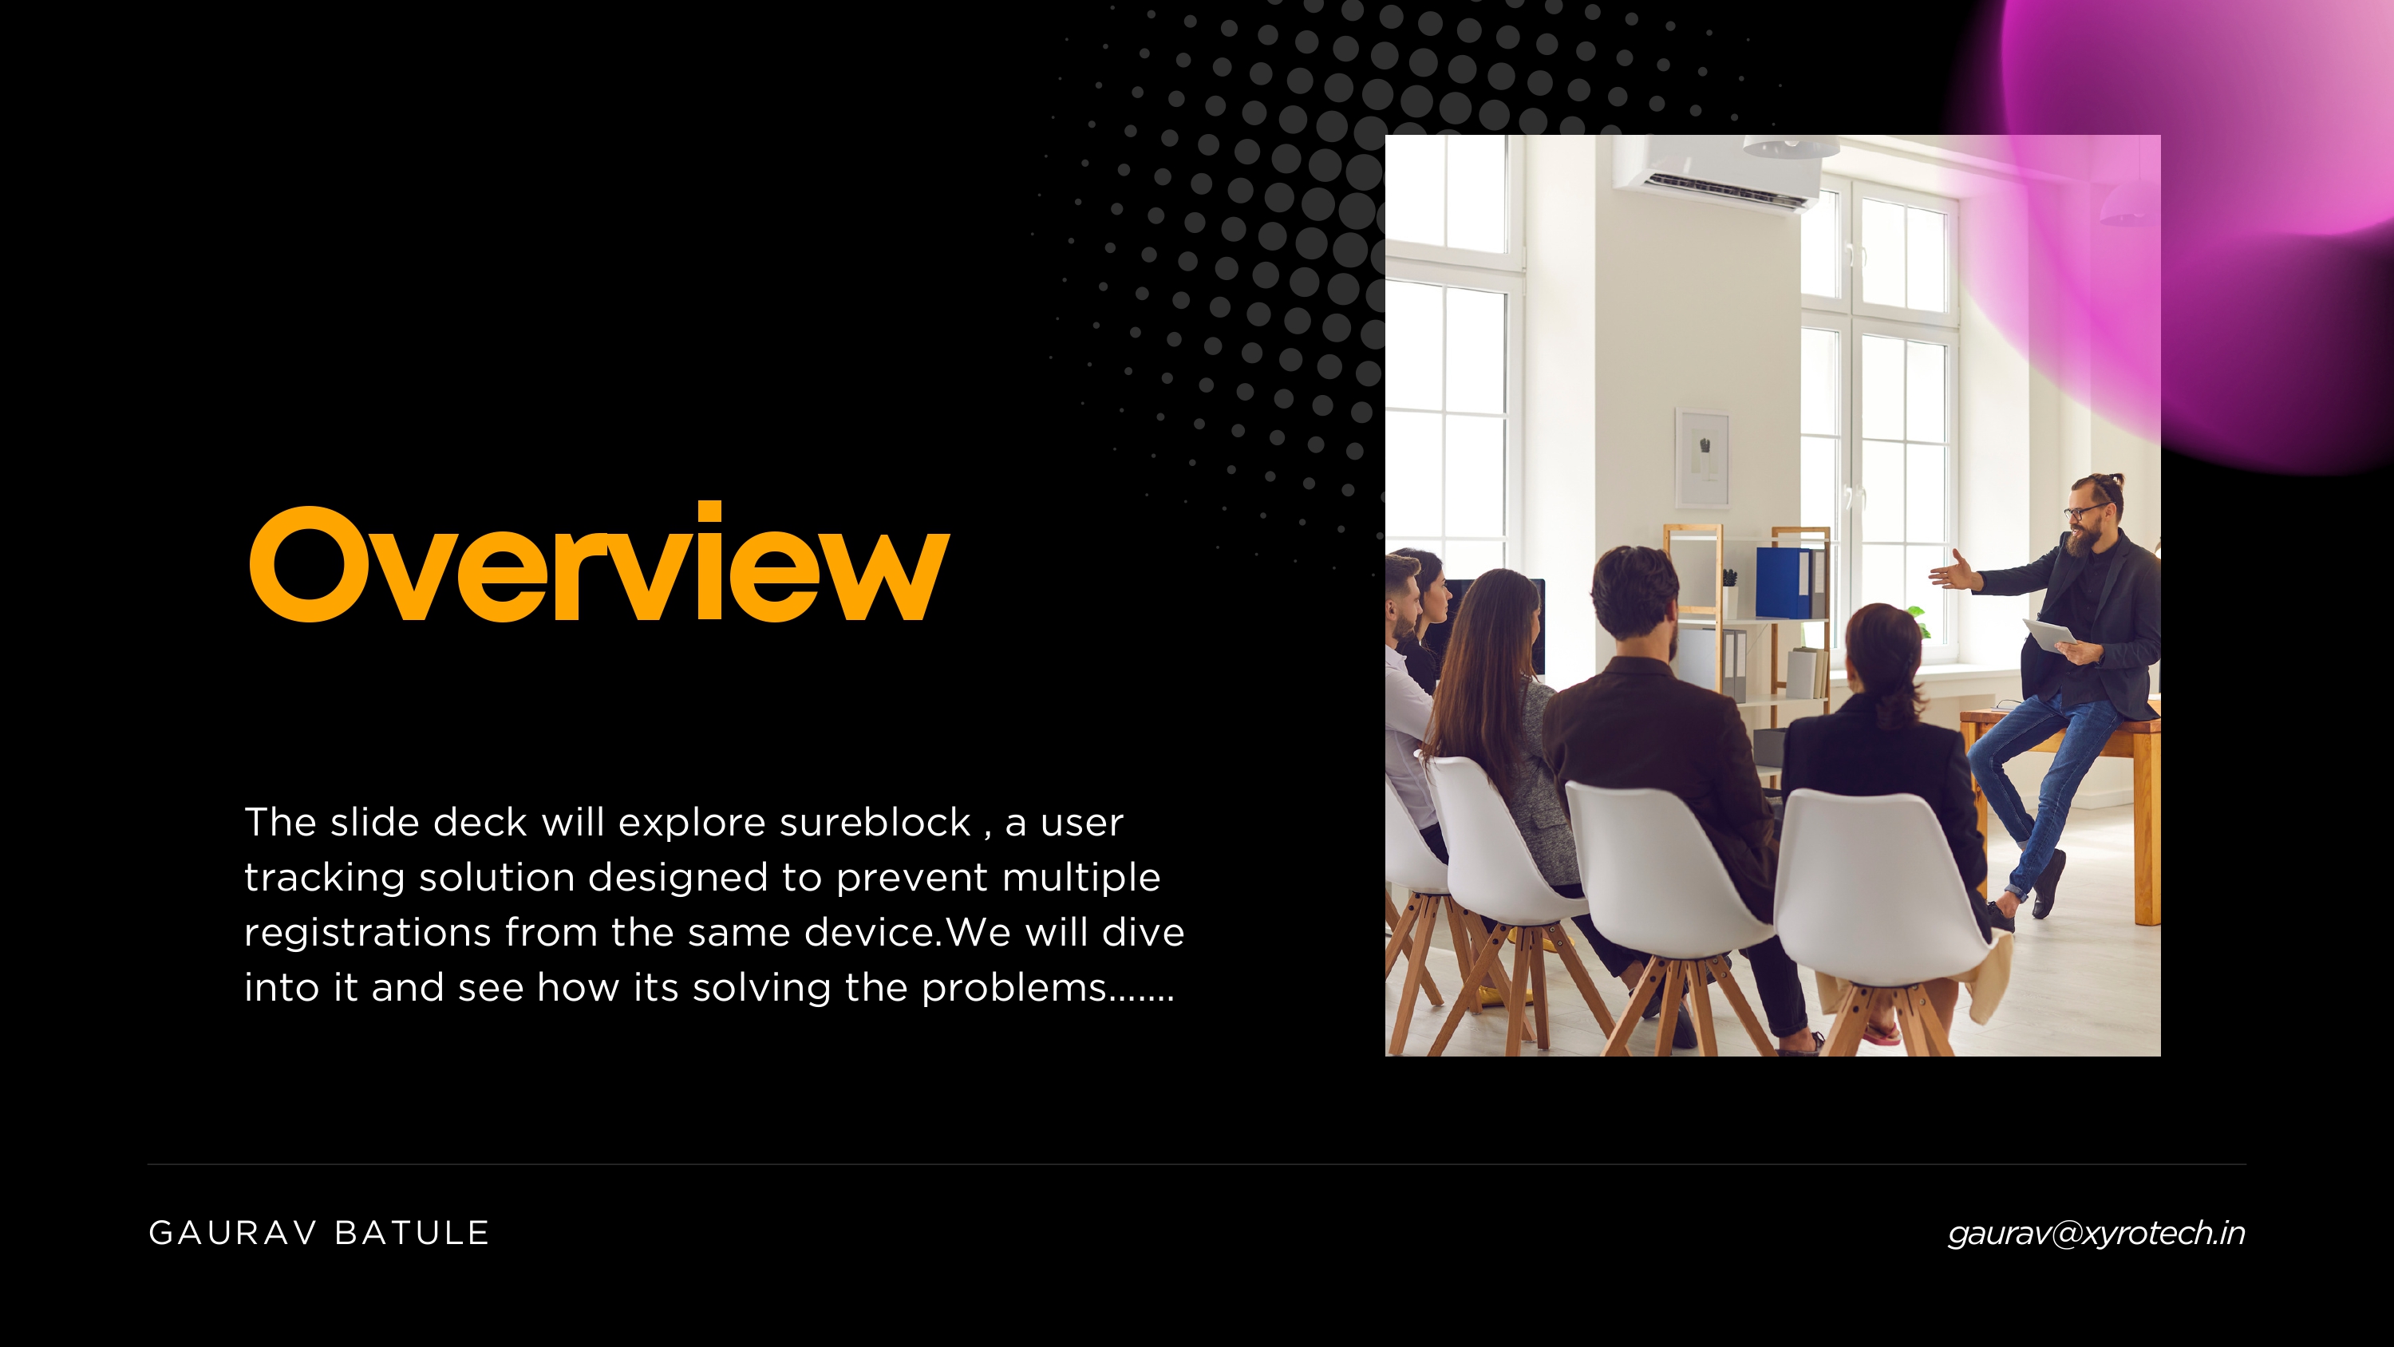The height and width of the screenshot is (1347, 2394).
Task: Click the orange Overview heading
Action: tap(599, 563)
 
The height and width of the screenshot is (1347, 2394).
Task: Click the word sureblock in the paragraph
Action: tap(875, 823)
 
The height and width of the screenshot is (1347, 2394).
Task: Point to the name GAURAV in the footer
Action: tap(232, 1234)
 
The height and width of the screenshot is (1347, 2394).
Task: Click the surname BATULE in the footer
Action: tap(412, 1234)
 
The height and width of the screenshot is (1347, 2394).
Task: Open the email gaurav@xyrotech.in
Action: tap(2096, 1234)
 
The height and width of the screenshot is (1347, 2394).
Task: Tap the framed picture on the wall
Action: tap(1703, 457)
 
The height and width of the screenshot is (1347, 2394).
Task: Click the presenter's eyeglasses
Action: tap(2083, 512)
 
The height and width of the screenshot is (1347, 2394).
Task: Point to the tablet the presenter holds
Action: tap(2048, 637)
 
